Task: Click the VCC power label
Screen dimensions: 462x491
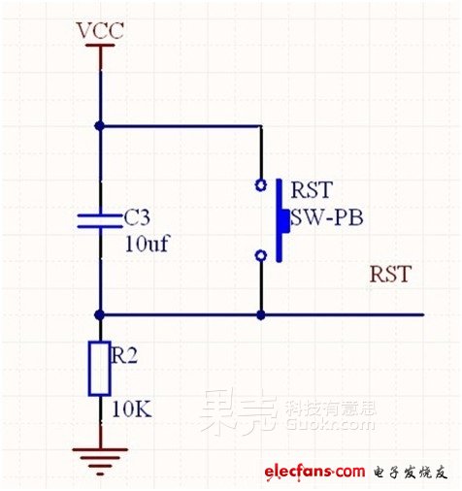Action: [100, 31]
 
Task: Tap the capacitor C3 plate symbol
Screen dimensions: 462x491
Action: [100, 221]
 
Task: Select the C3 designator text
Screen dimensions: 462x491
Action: [137, 217]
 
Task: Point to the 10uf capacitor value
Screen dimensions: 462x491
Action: [147, 244]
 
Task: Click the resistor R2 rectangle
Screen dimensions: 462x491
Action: [100, 369]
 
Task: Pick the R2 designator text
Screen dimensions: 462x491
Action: [124, 355]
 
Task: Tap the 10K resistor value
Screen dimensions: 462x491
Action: [132, 409]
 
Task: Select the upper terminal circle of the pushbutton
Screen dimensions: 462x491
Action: [261, 185]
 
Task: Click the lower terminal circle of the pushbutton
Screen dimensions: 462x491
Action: [261, 255]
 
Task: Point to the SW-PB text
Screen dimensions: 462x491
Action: [327, 217]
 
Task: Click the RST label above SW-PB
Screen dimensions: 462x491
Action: [312, 189]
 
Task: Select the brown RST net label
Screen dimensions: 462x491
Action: [390, 274]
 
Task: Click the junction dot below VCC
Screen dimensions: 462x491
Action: [100, 126]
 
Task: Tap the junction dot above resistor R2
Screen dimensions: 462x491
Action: [100, 314]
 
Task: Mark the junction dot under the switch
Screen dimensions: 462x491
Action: [261, 314]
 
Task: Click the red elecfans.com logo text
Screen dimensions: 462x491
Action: [314, 472]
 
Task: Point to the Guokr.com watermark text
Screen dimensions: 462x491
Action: [330, 424]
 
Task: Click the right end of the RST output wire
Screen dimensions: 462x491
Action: [423, 314]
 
